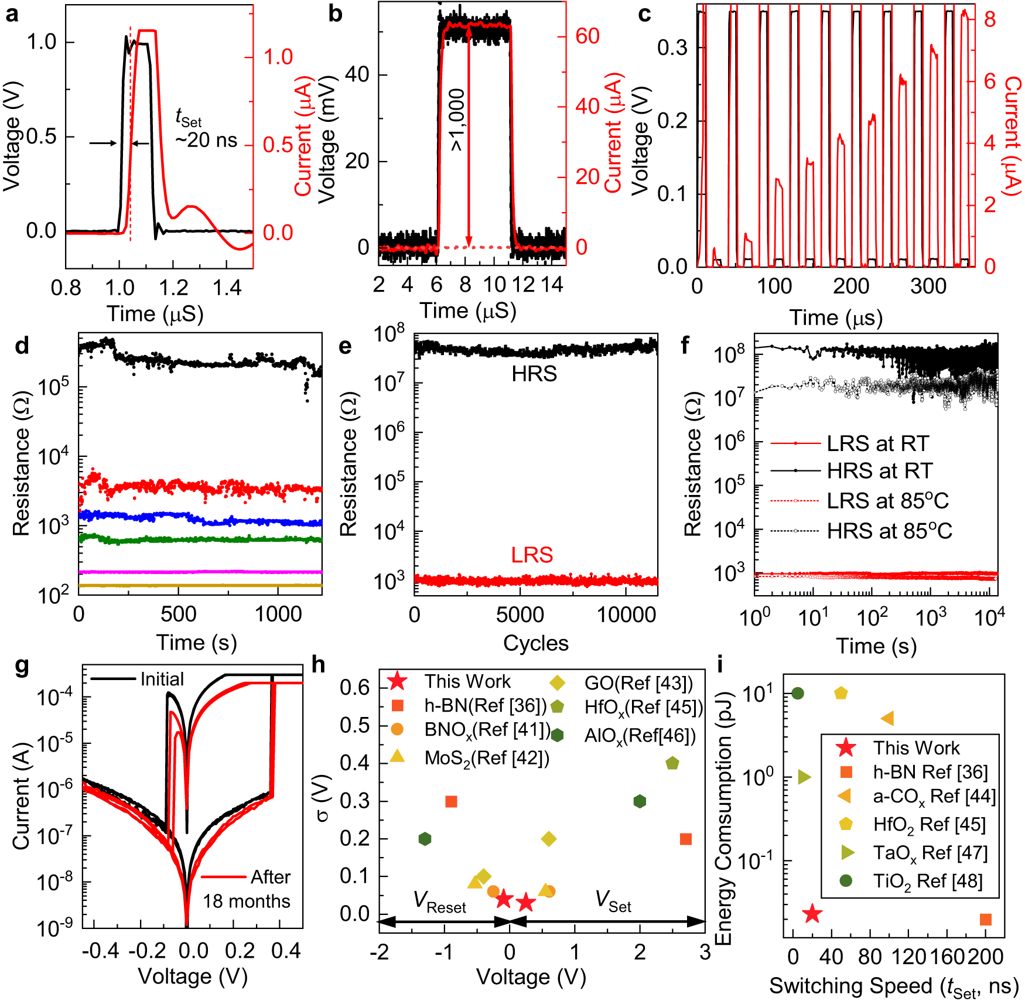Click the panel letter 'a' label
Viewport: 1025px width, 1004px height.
[12, 14]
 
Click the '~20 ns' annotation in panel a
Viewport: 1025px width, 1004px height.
[206, 141]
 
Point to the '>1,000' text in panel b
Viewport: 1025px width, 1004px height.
[457, 120]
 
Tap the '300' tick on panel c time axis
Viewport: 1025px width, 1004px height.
[928, 286]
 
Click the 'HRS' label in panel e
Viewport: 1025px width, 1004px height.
[534, 374]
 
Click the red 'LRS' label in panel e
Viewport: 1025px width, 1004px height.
[532, 555]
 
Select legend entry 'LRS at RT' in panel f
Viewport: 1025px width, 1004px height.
[877, 443]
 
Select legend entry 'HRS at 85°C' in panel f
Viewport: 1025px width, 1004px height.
[889, 531]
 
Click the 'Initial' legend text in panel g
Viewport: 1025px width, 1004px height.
[162, 679]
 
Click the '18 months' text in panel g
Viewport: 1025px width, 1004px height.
[246, 901]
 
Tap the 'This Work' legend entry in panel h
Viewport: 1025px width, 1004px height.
[467, 682]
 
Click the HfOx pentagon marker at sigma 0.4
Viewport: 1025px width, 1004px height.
[672, 763]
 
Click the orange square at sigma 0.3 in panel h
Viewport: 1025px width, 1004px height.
[451, 801]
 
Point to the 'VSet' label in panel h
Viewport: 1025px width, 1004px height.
[613, 901]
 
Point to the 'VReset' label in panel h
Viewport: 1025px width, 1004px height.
[439, 902]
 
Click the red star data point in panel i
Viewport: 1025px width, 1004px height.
[812, 914]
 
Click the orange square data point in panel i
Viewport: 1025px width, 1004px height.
[986, 920]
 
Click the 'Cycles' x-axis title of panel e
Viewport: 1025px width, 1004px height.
[535, 643]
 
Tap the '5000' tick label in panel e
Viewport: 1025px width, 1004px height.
[520, 615]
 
